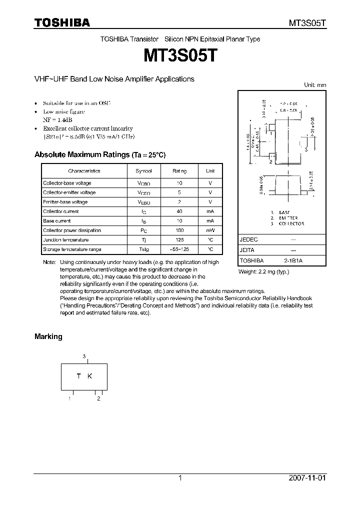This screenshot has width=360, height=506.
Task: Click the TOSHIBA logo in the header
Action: [62, 23]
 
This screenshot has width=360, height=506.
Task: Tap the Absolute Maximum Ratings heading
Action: [99, 155]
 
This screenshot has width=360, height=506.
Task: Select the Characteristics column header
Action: [84, 171]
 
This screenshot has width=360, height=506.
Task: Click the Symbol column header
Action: [144, 171]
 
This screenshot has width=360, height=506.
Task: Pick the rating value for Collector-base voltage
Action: [179, 183]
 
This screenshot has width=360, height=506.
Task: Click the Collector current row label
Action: [61, 211]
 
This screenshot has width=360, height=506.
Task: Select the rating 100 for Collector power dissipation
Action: [179, 230]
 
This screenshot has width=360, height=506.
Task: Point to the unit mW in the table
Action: [210, 230]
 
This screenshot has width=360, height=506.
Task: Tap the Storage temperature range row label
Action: [72, 249]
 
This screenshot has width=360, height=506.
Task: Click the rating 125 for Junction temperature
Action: [179, 240]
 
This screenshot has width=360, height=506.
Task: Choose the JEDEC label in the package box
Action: [248, 240]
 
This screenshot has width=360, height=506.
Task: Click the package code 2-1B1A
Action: [292, 261]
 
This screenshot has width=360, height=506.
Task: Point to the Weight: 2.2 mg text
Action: [263, 271]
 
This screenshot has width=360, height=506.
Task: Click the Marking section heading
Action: [48, 336]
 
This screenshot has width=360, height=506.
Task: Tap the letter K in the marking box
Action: [90, 376]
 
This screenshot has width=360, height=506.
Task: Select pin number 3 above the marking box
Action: [84, 356]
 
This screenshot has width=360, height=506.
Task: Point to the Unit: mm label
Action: [315, 85]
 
